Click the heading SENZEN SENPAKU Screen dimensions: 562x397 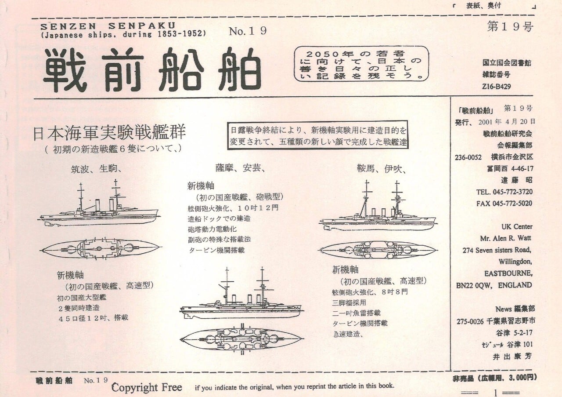pyautogui.click(x=108, y=25)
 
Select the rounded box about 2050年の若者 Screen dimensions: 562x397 pyautogui.click(x=361, y=64)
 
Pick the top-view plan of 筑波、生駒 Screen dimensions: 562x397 pyautogui.click(x=100, y=248)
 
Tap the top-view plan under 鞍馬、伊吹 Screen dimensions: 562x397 pyautogui.click(x=378, y=250)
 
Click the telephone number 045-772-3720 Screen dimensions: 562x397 pyautogui.click(x=504, y=192)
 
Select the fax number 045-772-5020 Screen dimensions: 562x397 pyautogui.click(x=504, y=204)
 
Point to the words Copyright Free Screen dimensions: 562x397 pyautogui.click(x=146, y=387)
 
